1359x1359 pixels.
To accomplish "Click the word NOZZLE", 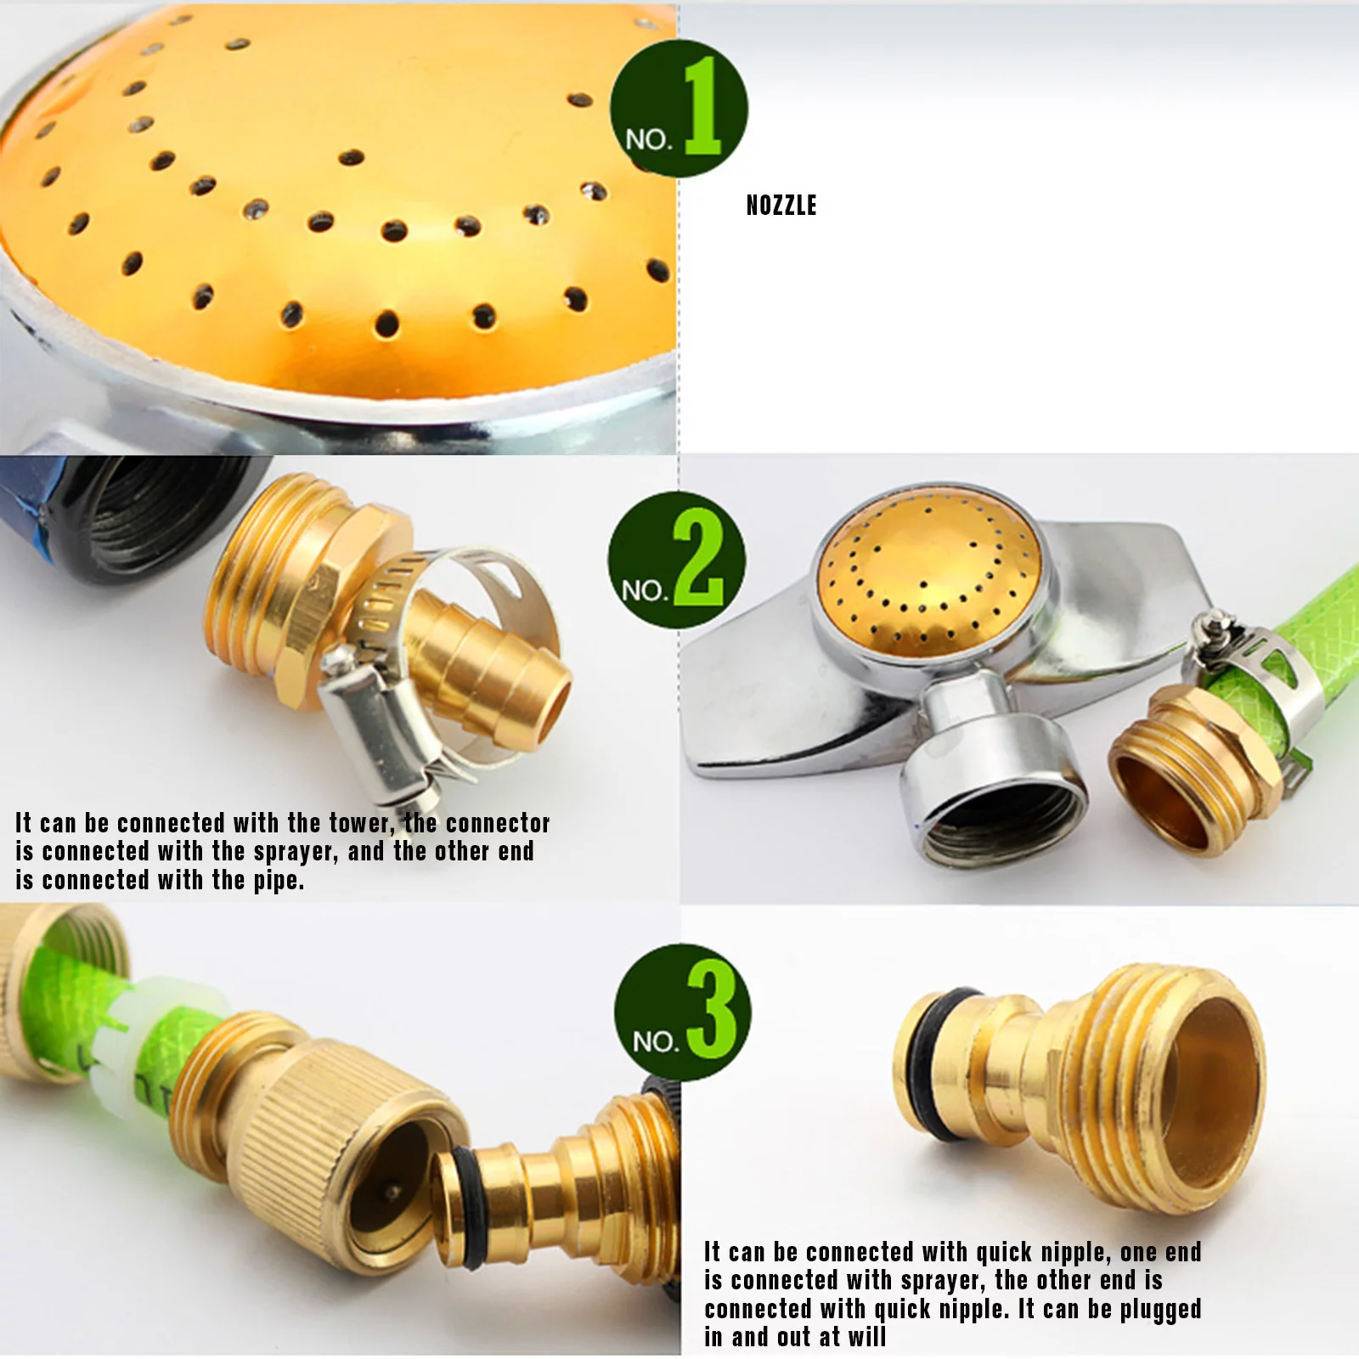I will (x=781, y=206).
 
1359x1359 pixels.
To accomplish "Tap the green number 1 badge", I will (x=679, y=109).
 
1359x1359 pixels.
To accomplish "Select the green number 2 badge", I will (x=677, y=560).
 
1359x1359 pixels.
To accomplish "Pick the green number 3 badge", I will (x=682, y=1012).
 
